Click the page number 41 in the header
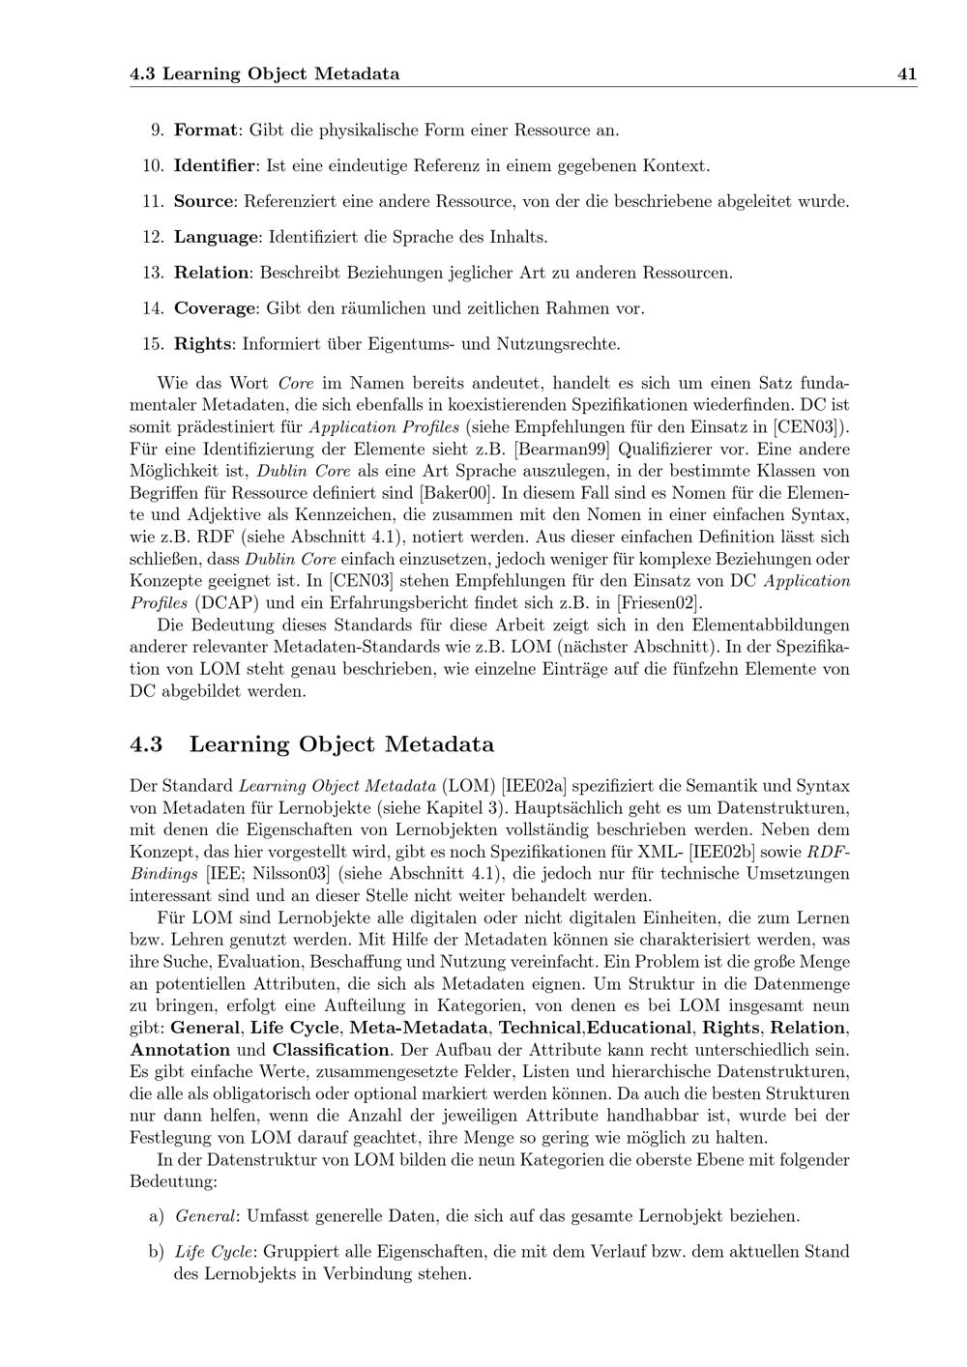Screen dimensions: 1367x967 point(907,73)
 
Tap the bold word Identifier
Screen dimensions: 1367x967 point(216,165)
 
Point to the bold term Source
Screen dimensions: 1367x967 point(204,201)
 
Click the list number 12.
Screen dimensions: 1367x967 point(153,237)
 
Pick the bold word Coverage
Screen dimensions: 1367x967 point(216,308)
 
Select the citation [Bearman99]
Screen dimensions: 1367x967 point(562,449)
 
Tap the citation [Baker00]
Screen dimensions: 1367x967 point(450,493)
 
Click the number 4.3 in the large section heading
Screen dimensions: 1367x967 point(146,744)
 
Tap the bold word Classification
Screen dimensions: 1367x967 point(330,1050)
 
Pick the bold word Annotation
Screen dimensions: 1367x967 point(180,1050)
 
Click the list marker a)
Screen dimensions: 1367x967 point(156,1216)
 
